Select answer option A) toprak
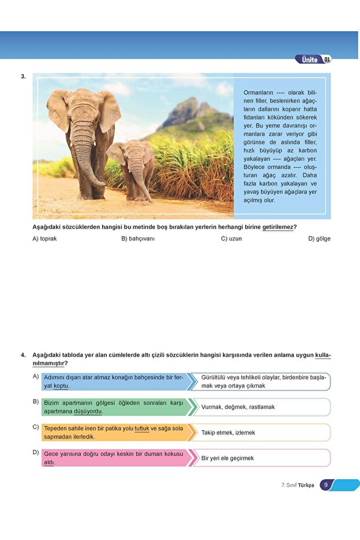click(45, 238)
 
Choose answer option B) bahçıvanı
click(138, 238)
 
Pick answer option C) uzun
click(231, 238)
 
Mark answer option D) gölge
click(319, 238)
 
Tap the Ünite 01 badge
click(314, 59)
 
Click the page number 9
click(326, 485)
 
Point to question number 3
click(23, 76)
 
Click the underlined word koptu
click(61, 386)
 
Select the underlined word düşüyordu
click(88, 411)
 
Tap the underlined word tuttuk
click(142, 428)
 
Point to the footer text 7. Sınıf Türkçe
click(297, 485)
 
